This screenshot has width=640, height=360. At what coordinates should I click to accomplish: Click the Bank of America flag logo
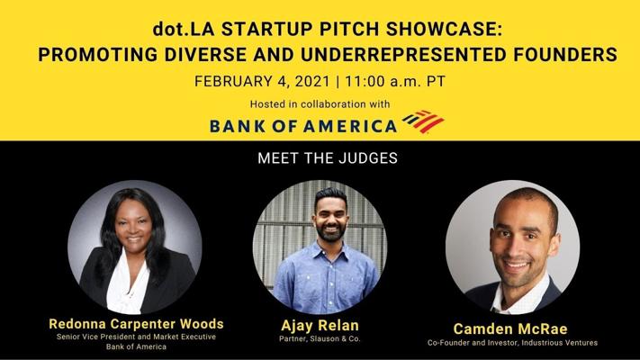[x=423, y=121]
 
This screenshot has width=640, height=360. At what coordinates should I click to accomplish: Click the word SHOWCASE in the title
[x=444, y=29]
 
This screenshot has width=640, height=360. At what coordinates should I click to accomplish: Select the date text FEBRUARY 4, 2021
[x=262, y=81]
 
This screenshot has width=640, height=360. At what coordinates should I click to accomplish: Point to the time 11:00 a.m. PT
[x=395, y=81]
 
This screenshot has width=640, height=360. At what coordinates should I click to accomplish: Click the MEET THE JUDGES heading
[x=328, y=158]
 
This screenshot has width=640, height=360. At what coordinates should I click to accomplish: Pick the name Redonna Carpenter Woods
[x=136, y=324]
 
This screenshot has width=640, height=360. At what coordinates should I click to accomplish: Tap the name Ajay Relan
[x=320, y=325]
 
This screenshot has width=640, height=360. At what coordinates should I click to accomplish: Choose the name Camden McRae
[x=510, y=328]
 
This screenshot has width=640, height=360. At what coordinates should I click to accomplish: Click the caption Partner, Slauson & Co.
[x=320, y=338]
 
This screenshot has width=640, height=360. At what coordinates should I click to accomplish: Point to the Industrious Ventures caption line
[x=513, y=343]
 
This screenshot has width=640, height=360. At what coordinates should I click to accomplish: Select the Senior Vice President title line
[x=136, y=337]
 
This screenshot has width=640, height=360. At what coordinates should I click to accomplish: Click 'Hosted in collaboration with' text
[x=320, y=104]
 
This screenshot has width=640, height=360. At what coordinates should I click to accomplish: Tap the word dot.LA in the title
[x=184, y=29]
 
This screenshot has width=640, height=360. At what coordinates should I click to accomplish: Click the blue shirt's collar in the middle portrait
[x=330, y=251]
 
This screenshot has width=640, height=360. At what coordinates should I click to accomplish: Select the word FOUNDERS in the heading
[x=565, y=54]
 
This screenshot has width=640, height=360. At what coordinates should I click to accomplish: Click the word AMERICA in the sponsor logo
[x=350, y=126]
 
